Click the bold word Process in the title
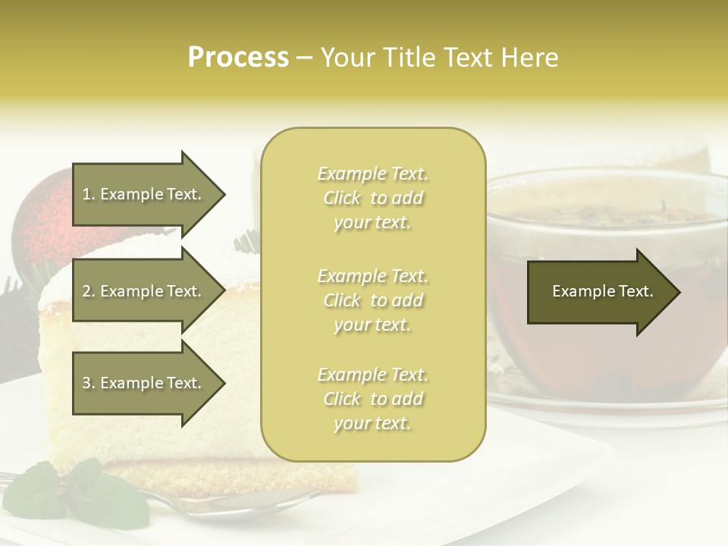(238, 58)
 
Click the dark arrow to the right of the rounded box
(599, 292)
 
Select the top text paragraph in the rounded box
(372, 198)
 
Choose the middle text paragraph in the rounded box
(372, 300)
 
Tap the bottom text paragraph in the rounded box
(372, 399)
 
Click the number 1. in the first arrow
(89, 194)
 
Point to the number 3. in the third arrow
(89, 383)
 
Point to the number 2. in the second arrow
(89, 291)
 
